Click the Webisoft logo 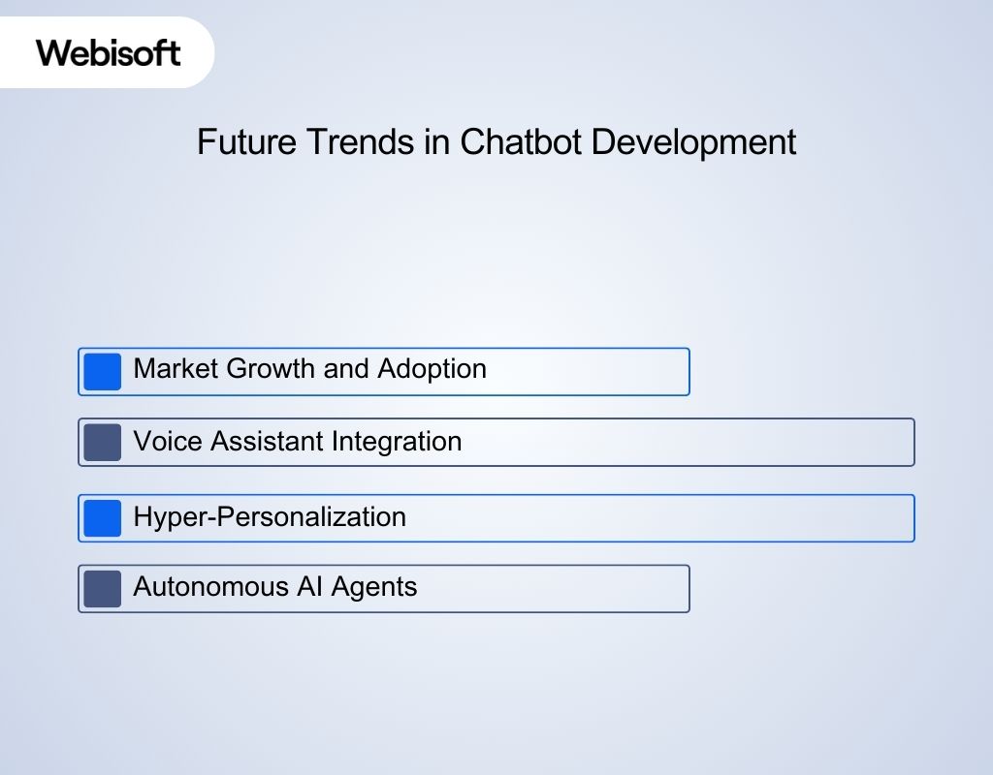click(108, 51)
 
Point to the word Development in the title click(693, 142)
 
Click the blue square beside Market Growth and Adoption click(102, 372)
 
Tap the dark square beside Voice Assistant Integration click(102, 442)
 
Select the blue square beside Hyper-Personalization click(102, 518)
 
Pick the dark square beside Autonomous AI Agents click(102, 588)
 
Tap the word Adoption click(432, 370)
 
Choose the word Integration click(397, 443)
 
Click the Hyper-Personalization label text click(270, 517)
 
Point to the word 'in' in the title click(437, 141)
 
